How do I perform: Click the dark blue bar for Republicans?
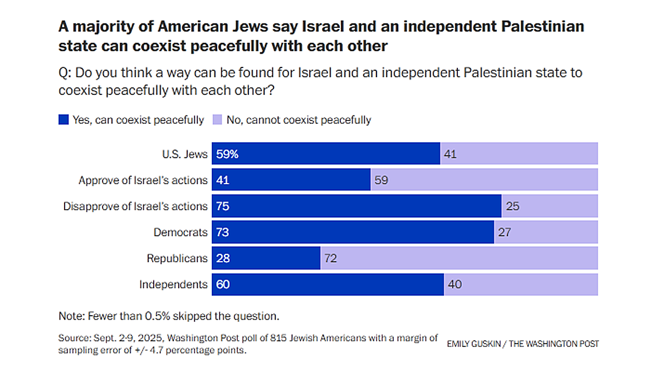(266, 258)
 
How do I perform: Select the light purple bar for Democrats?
(546, 232)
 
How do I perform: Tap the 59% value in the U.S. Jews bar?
(227, 154)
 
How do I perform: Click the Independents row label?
(173, 285)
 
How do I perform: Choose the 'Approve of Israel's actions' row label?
(143, 180)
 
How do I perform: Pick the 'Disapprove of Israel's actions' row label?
(135, 206)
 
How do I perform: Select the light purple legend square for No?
(218, 120)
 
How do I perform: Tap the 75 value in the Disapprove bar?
(223, 206)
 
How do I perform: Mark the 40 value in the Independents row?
(455, 285)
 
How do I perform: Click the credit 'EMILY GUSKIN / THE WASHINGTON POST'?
(523, 344)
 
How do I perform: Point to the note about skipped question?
(168, 316)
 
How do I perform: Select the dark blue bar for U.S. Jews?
(326, 154)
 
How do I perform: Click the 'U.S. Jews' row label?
(185, 154)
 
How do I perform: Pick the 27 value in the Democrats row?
(504, 232)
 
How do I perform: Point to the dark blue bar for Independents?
(328, 285)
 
